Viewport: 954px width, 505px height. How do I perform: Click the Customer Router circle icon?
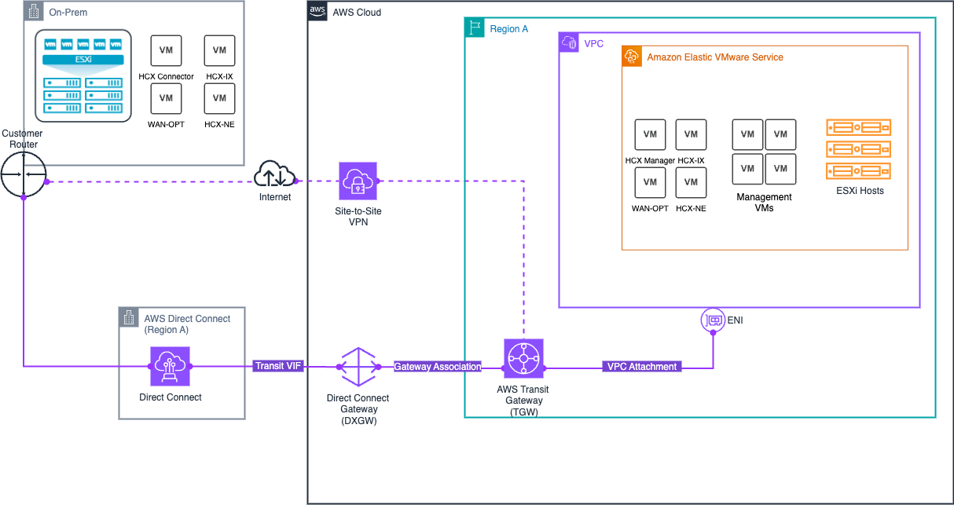pos(24,174)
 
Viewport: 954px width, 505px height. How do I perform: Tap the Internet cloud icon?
pos(274,173)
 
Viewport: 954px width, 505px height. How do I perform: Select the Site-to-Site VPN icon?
pos(358,181)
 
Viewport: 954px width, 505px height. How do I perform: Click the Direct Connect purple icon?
pos(170,367)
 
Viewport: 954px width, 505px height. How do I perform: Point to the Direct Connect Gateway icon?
pos(358,367)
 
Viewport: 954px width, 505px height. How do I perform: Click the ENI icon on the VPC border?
pos(713,320)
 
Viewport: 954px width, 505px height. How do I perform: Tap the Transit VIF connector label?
pos(278,366)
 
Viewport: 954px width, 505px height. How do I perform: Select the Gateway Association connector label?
pos(438,367)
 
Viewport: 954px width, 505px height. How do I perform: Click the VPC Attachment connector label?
pos(641,367)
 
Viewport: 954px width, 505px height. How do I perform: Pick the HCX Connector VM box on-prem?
pos(166,50)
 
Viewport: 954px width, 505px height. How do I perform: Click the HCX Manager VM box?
pos(650,134)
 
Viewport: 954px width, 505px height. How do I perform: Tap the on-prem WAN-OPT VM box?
pos(166,98)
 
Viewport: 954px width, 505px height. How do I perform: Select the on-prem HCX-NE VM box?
pos(219,98)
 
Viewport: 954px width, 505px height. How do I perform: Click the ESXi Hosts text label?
pos(859,191)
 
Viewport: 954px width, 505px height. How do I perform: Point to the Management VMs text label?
pos(764,203)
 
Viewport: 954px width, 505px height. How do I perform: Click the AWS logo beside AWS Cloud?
pos(317,11)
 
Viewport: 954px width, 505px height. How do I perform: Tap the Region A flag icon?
pos(475,28)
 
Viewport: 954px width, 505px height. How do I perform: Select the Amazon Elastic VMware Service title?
pos(714,57)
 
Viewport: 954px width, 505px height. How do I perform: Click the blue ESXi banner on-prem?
pos(83,60)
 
